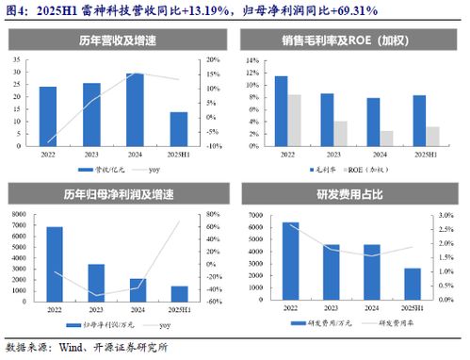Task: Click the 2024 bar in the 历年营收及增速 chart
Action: [x=136, y=107]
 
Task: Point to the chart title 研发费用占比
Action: [x=353, y=196]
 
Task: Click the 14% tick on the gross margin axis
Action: [x=252, y=58]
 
